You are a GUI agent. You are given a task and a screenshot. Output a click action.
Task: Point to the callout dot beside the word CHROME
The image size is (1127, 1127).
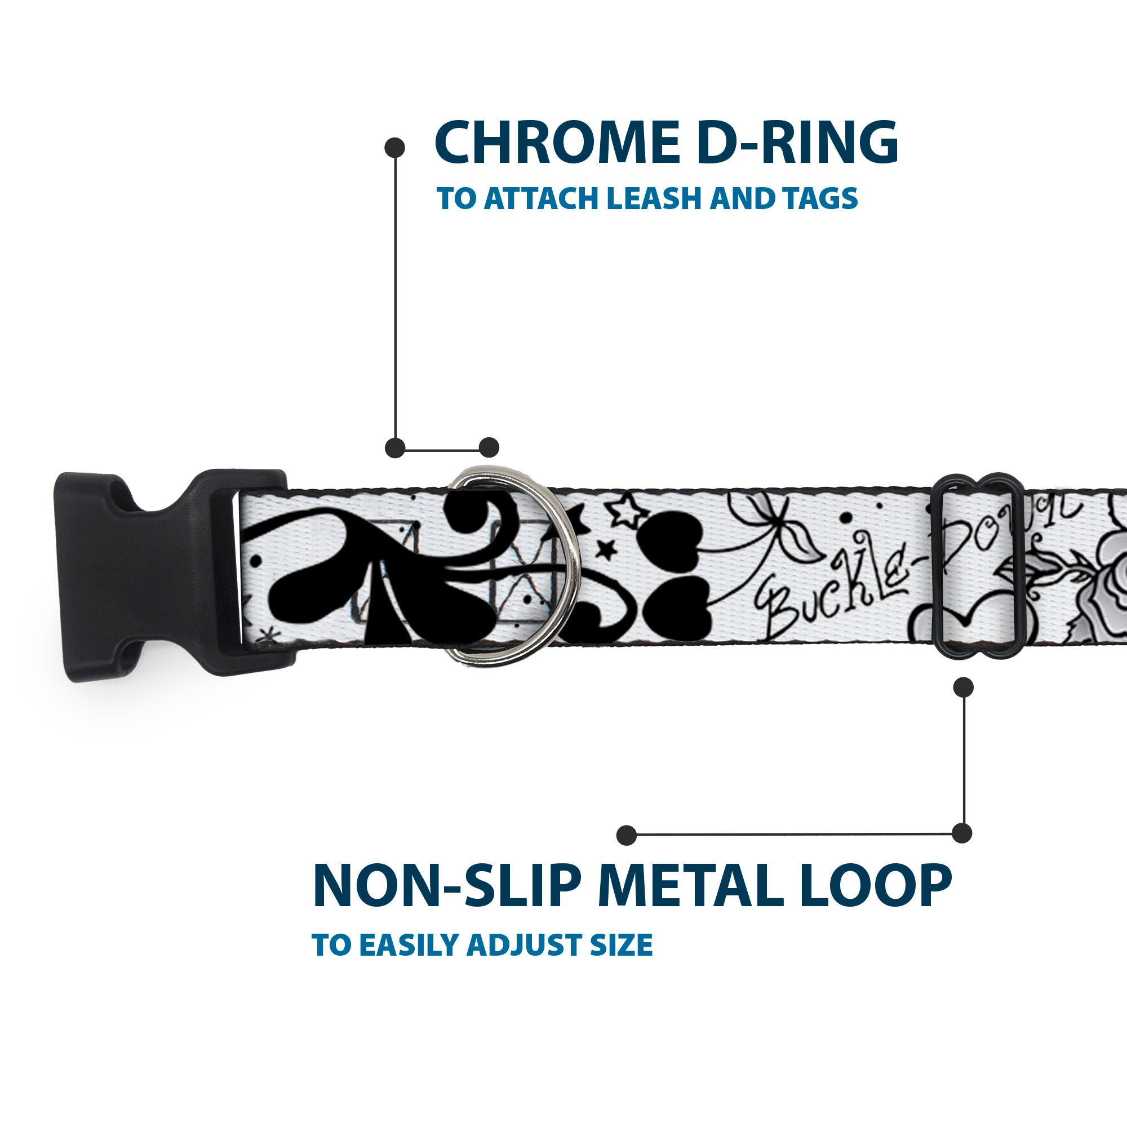[395, 148]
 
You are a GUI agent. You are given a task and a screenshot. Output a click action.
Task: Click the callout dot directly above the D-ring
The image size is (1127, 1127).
[489, 447]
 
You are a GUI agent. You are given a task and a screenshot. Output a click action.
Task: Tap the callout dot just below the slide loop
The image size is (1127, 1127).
[963, 687]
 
